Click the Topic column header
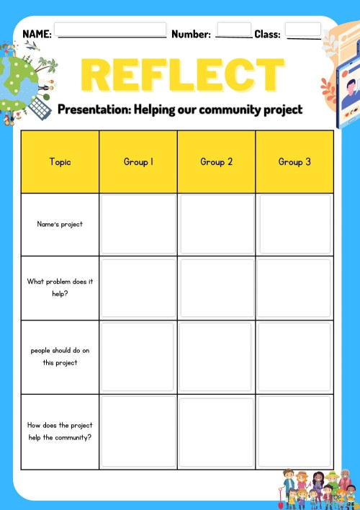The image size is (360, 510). tap(60, 162)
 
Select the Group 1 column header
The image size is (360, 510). tap(138, 162)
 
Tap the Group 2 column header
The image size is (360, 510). tap(216, 162)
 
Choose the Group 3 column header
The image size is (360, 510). tap(294, 162)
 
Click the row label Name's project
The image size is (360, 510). tap(60, 224)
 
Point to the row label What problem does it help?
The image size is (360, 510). tap(60, 287)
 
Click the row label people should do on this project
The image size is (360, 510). tap(60, 357)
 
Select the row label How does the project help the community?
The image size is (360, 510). tap(60, 431)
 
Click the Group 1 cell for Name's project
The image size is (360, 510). tap(138, 224)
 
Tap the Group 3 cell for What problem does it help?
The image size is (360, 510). tap(294, 287)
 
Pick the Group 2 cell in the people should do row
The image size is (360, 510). tap(216, 357)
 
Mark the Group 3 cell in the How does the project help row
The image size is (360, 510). tap(294, 431)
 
